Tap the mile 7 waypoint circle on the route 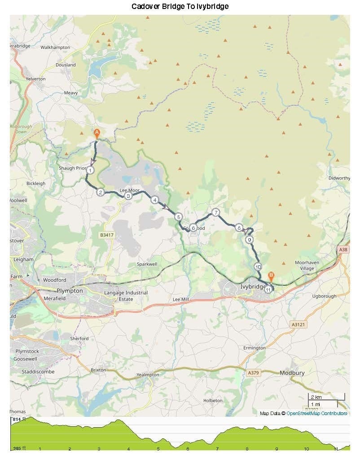point(215,212)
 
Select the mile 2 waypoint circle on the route point(101,192)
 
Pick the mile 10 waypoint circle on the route point(258,267)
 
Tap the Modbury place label point(292,373)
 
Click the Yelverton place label point(35,79)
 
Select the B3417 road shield point(106,235)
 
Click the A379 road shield point(253,372)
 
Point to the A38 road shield point(343,249)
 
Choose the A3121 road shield point(298,324)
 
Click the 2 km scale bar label point(316,397)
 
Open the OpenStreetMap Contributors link point(316,413)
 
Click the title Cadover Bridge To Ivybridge point(180,6)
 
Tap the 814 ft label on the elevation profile point(19,419)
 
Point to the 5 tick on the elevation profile point(158,449)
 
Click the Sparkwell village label point(147,264)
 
